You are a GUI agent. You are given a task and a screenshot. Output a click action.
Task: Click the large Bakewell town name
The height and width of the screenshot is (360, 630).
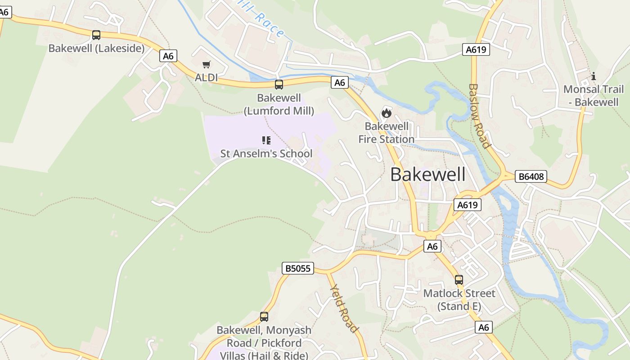427,175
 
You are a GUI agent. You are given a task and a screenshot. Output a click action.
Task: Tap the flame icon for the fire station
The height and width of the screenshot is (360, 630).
386,113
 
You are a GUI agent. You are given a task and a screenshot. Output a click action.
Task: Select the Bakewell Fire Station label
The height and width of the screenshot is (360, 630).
386,133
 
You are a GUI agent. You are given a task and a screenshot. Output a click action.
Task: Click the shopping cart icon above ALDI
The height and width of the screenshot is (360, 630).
206,65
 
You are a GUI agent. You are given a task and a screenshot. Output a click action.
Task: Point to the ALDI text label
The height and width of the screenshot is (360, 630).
206,78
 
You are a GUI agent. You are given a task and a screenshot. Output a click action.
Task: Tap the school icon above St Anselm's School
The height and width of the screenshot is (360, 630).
266,140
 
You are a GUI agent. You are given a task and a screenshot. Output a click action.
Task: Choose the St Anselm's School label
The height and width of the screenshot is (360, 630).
266,153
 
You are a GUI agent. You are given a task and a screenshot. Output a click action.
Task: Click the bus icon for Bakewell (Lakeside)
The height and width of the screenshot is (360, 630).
96,35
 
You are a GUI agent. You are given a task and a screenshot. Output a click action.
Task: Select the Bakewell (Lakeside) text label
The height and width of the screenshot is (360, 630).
96,48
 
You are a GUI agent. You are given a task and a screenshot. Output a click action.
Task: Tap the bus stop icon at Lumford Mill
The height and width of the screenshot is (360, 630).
279,85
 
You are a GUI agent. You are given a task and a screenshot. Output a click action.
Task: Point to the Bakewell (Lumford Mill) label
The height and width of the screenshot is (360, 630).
279,104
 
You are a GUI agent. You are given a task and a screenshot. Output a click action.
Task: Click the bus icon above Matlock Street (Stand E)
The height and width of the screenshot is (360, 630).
459,280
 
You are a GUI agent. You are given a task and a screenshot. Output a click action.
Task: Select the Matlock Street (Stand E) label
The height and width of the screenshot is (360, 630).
459,300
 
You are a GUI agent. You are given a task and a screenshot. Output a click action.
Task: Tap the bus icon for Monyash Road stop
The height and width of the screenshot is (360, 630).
264,317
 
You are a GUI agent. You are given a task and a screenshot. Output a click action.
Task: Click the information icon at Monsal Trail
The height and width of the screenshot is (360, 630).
594,76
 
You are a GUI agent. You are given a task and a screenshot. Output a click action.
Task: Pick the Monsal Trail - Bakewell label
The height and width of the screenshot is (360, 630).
594,95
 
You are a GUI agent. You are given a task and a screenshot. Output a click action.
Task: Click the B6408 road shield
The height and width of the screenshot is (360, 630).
531,176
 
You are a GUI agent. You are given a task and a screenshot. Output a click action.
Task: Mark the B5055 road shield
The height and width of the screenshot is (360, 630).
298,268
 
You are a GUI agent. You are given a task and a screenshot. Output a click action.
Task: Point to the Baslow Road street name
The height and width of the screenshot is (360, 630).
479,116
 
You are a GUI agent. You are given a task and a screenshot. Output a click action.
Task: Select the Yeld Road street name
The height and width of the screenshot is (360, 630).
344,308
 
